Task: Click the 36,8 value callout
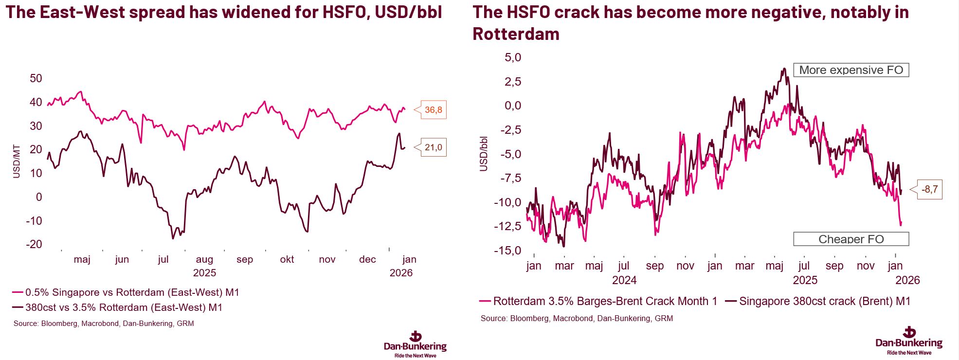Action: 433,110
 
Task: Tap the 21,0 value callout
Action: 433,147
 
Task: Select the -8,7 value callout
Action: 929,189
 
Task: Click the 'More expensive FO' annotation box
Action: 851,70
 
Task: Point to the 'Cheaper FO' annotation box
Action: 851,239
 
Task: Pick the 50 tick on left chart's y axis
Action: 36,78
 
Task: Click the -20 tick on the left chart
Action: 34,244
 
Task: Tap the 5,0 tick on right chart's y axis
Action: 513,57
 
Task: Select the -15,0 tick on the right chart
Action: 507,251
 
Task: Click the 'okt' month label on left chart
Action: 287,259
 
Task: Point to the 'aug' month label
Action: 204,259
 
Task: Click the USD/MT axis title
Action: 17,162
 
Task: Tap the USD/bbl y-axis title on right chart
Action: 484,154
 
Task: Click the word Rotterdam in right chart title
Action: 516,34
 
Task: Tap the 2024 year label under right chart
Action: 624,280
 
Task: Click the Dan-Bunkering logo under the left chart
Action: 415,344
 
